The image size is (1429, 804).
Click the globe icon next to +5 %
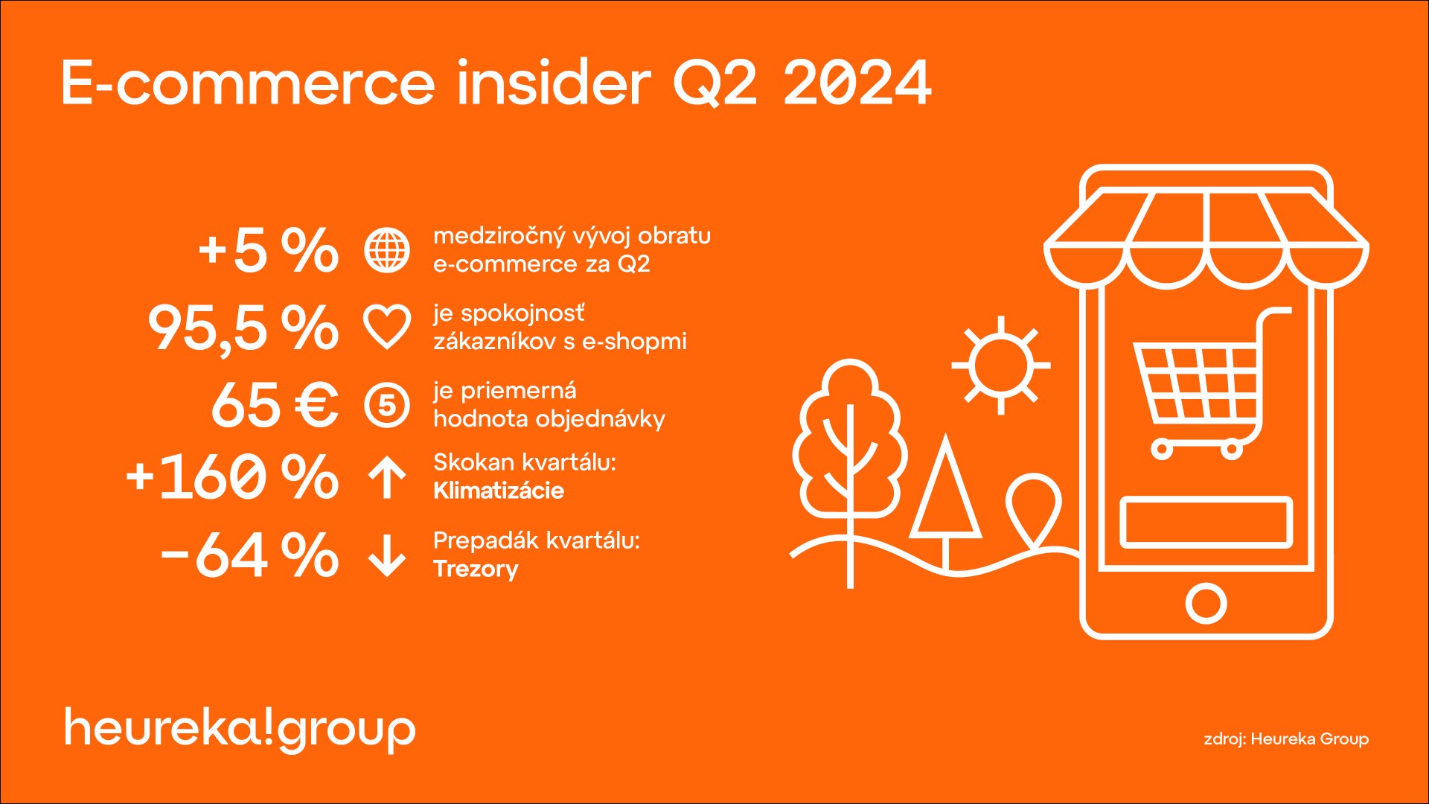pyautogui.click(x=387, y=250)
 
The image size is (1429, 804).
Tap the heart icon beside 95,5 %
pyautogui.click(x=387, y=328)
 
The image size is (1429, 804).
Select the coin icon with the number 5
pyautogui.click(x=387, y=406)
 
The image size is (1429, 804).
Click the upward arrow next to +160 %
pyautogui.click(x=387, y=476)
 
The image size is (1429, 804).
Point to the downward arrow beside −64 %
pyautogui.click(x=387, y=555)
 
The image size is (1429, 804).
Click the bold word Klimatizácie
pyautogui.click(x=499, y=491)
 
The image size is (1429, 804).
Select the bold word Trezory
pyautogui.click(x=476, y=569)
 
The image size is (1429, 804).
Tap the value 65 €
pyautogui.click(x=275, y=406)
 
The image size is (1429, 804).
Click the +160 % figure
pyautogui.click(x=232, y=476)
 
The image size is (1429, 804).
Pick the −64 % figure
pyautogui.click(x=249, y=555)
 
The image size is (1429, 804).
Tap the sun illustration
pyautogui.click(x=1001, y=366)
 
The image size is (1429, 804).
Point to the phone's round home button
pyautogui.click(x=1206, y=603)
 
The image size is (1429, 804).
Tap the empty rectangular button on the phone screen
pyautogui.click(x=1206, y=522)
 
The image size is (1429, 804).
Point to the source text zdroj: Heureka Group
pyautogui.click(x=1286, y=739)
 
